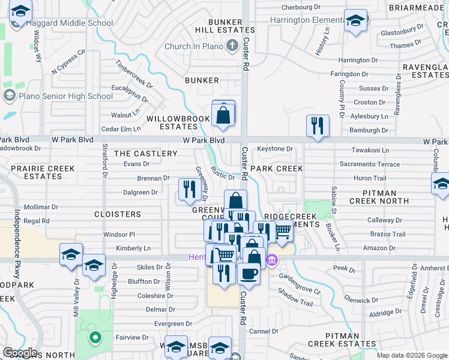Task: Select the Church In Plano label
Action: tap(194, 46)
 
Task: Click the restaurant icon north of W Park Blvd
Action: tap(318, 127)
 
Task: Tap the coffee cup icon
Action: tap(248, 274)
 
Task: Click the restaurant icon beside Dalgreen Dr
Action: tap(190, 190)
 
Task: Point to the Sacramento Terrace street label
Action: tap(370, 164)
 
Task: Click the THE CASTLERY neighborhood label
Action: tap(146, 154)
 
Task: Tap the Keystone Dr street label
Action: tap(274, 149)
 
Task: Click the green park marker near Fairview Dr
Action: tap(94, 338)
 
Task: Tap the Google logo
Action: tap(20, 353)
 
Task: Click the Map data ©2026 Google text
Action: tap(411, 355)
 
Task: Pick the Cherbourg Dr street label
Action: tap(301, 7)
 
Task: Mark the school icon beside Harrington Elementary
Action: tap(355, 20)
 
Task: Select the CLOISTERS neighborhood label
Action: tap(118, 214)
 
